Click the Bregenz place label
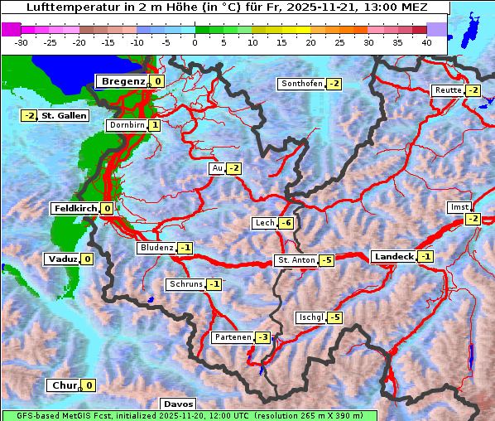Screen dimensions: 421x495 pyautogui.click(x=123, y=81)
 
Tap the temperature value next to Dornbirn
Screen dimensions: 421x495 pyautogui.click(x=155, y=125)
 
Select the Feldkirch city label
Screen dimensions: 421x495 pyautogui.click(x=75, y=209)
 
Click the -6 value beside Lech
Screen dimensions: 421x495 pyautogui.click(x=286, y=223)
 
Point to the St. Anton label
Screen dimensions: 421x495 pyautogui.click(x=296, y=260)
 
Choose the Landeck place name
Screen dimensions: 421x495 pyautogui.click(x=393, y=257)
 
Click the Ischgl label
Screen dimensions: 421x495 pyautogui.click(x=311, y=317)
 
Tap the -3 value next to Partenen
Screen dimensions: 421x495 pyautogui.click(x=262, y=337)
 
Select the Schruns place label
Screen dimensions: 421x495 pyautogui.click(x=185, y=284)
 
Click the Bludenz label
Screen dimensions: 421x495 pyautogui.click(x=156, y=248)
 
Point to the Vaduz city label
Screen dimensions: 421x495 pyautogui.click(x=63, y=259)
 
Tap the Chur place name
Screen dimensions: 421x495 pyautogui.click(x=64, y=385)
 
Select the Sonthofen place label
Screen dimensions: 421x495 pyautogui.click(x=301, y=84)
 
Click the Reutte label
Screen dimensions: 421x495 pyautogui.click(x=448, y=90)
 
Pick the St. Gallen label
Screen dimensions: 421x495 pyautogui.click(x=64, y=115)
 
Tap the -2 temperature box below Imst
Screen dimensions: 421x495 pyautogui.click(x=472, y=219)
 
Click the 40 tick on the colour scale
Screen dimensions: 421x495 pyautogui.click(x=426, y=42)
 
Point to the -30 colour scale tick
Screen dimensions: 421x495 pyautogui.click(x=22, y=42)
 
